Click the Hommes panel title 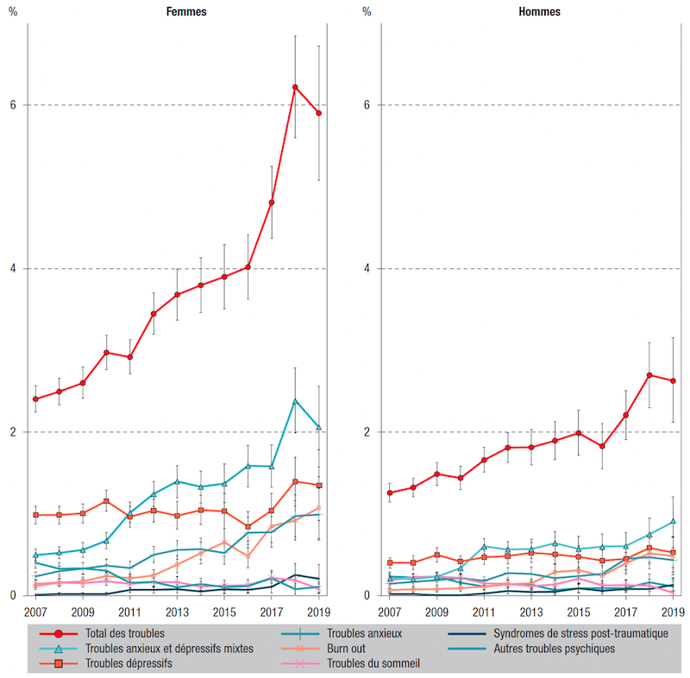tap(539, 12)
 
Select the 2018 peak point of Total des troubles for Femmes tap(295, 87)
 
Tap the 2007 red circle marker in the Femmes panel tap(36, 399)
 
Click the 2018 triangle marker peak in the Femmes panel tap(295, 401)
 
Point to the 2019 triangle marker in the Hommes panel tap(672, 521)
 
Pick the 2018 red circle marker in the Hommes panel tap(649, 375)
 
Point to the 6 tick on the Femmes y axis tap(14, 105)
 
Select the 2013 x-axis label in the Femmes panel tap(177, 612)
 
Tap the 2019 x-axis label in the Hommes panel tap(672, 612)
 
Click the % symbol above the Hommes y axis tap(367, 12)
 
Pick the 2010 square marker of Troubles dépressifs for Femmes tap(106, 501)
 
